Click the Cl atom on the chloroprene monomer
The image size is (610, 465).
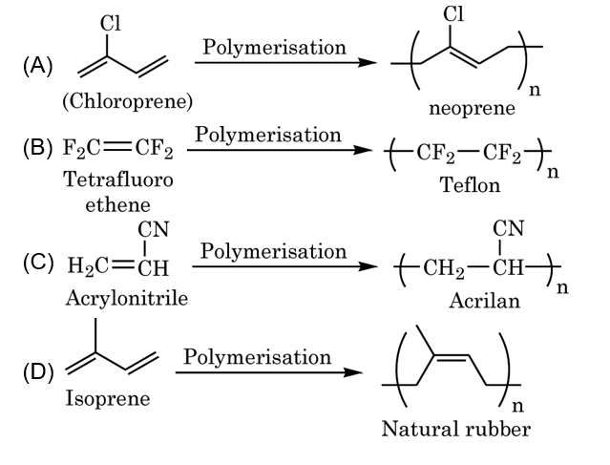click(106, 18)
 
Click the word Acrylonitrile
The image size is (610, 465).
click(126, 298)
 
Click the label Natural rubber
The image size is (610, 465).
click(455, 430)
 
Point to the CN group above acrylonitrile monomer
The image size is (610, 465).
click(152, 229)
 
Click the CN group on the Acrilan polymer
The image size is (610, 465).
click(509, 229)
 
